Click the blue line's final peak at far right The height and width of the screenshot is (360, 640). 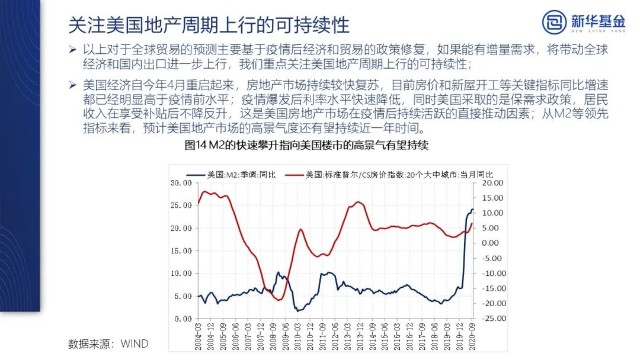(x=471, y=208)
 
